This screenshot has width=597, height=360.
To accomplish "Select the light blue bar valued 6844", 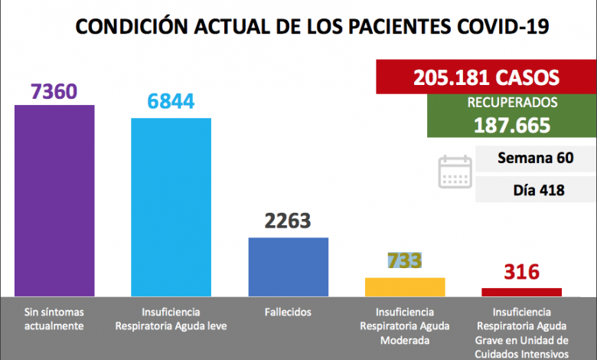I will point(171,207).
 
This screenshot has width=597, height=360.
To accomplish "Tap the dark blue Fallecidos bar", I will point(289,266).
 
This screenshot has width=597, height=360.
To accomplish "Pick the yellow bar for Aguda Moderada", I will point(405,286).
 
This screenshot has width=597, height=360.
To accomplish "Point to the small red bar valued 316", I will point(521,292).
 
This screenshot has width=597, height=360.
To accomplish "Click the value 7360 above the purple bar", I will point(54,92).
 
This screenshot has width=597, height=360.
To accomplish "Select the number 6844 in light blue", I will point(171,102).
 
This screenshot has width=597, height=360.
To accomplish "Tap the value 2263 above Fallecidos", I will point(288,221).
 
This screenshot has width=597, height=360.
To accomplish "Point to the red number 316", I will point(521,272).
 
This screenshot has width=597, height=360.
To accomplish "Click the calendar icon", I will point(455,172).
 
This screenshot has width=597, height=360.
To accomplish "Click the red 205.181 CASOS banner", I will point(486,77).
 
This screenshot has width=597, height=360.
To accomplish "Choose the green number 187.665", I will point(513,125).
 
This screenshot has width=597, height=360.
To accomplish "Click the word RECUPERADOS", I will point(513,102).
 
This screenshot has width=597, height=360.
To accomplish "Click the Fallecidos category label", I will point(289,313).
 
